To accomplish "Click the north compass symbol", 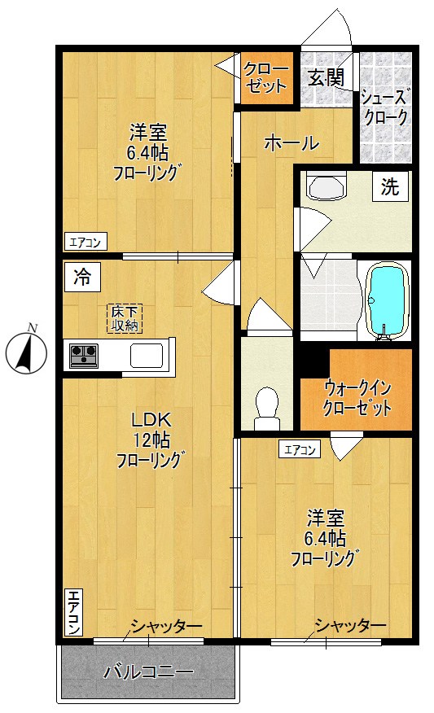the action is click(26, 351).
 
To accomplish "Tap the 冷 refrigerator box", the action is click(82, 277).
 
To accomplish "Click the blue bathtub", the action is click(387, 300).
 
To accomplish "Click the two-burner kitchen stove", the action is click(83, 355).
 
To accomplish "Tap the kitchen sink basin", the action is click(146, 355).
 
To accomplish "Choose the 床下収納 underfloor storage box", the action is click(125, 318).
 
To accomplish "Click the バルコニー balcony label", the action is click(148, 671).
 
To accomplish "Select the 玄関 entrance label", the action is click(326, 78).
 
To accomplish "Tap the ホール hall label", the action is click(292, 143).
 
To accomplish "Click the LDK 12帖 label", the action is click(150, 440).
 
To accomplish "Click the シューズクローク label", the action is click(385, 107).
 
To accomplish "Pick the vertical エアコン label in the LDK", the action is click(74, 612).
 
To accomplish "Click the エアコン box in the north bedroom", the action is click(85, 242).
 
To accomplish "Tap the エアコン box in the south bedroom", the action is click(300, 450).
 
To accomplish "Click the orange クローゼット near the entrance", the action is click(266, 78).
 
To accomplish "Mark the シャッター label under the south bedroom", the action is click(350, 626).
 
